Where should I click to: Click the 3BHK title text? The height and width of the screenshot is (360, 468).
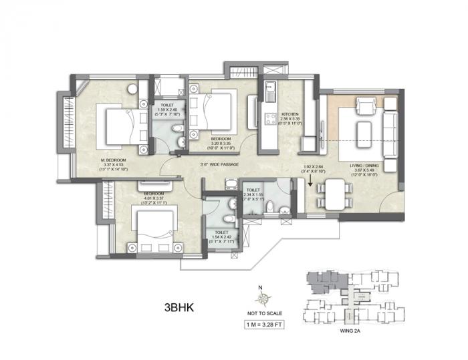[181, 309]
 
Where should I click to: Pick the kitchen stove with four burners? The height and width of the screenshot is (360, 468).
[271, 120]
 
